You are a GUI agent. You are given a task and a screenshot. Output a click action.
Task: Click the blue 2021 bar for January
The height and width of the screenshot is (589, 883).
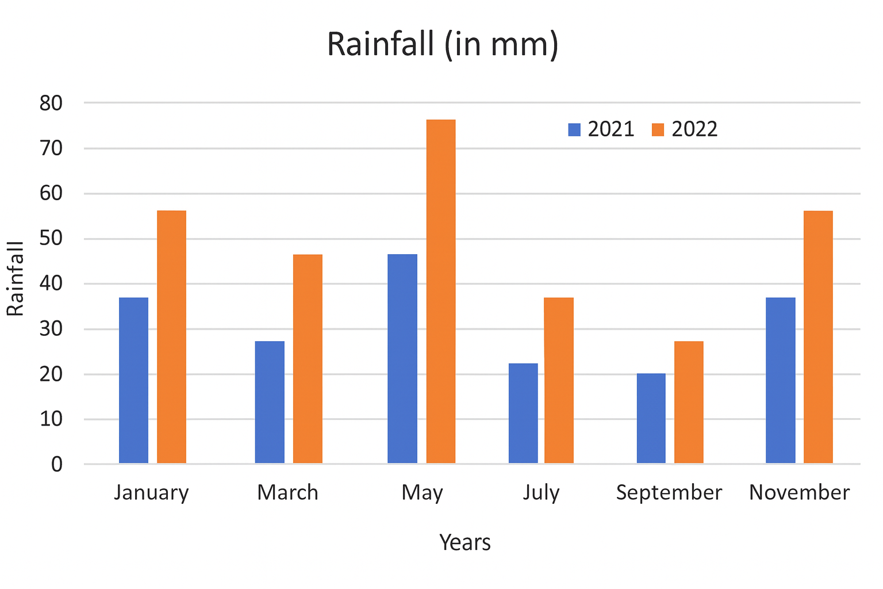[133, 380]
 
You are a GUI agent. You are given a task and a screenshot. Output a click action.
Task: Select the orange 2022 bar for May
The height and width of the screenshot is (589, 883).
[440, 291]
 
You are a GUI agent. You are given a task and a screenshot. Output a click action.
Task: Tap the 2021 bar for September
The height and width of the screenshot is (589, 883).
[651, 418]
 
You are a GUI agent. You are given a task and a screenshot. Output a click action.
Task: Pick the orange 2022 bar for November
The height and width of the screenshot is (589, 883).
[818, 337]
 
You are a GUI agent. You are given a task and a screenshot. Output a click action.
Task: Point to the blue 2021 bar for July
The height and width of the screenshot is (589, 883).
[523, 413]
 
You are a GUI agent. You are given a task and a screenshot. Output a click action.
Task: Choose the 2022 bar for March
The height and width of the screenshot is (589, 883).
[308, 358]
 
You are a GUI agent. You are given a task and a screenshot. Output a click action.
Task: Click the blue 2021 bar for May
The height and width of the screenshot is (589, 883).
[402, 358]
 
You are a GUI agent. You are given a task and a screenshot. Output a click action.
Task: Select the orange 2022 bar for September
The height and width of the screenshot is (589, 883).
[689, 402]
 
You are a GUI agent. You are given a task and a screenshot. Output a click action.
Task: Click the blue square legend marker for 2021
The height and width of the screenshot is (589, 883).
[574, 129]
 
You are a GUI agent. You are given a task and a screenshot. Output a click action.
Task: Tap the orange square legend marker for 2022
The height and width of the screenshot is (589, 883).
[658, 129]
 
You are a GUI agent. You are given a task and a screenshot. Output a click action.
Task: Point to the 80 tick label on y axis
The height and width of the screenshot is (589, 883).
[51, 104]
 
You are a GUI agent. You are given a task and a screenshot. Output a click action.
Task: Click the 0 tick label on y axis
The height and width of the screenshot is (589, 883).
[56, 464]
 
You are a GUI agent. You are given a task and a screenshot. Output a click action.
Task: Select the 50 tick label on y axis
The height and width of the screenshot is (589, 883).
[51, 239]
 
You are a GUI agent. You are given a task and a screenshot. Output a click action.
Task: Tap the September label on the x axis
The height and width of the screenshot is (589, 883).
[669, 493]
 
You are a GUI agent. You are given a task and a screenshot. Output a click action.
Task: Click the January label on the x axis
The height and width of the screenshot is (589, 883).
[151, 493]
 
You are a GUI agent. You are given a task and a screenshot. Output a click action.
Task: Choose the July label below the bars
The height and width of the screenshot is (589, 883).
[541, 493]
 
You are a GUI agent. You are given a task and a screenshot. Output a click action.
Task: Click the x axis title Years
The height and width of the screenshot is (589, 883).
[465, 542]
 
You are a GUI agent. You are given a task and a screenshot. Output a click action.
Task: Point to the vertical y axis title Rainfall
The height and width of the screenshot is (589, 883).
[16, 279]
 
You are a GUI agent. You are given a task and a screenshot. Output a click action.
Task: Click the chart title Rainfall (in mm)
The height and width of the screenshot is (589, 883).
[442, 44]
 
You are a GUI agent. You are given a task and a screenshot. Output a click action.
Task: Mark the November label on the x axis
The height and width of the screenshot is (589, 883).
[799, 493]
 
